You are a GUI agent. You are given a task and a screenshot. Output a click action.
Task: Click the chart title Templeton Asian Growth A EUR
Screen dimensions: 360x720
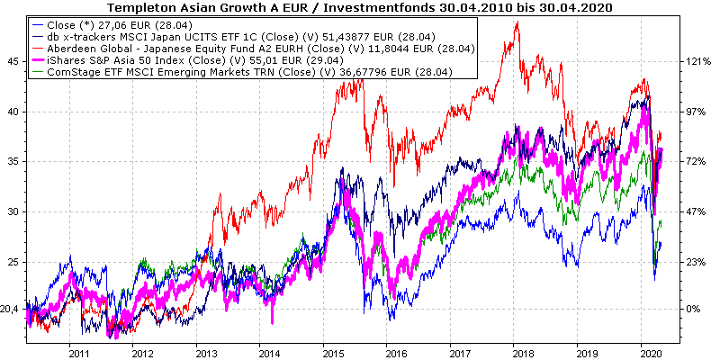(x=360, y=7)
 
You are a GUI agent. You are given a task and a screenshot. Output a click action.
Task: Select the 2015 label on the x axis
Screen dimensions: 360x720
(x=335, y=354)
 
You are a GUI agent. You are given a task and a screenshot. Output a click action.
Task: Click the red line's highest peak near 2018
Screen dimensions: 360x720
(x=517, y=22)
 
